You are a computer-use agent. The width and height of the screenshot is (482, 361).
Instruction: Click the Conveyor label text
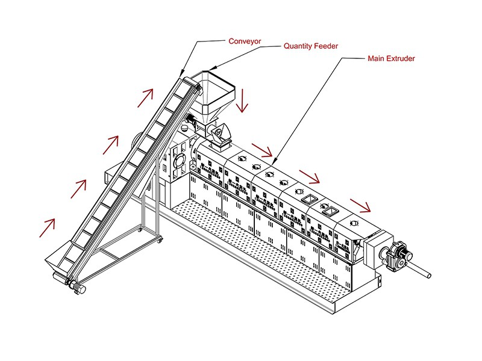[245, 42]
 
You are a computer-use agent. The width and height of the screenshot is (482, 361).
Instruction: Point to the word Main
[377, 59]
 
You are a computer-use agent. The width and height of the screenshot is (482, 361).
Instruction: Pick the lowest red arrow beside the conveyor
[47, 227]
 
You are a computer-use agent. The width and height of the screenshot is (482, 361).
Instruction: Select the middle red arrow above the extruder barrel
[309, 176]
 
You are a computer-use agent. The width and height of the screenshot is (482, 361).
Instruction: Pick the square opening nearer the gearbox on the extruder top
[330, 210]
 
